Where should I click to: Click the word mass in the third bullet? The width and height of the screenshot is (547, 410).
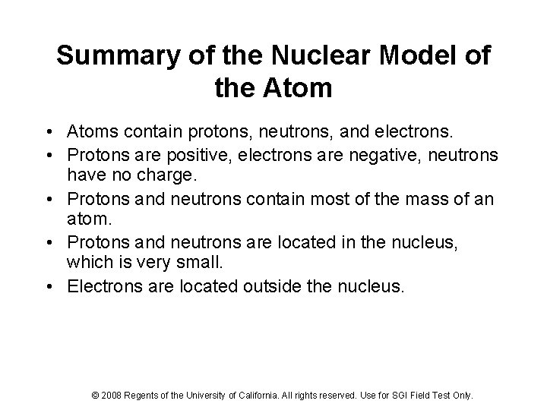point(419,199)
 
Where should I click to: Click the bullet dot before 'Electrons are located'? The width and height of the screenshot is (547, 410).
point(55,287)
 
